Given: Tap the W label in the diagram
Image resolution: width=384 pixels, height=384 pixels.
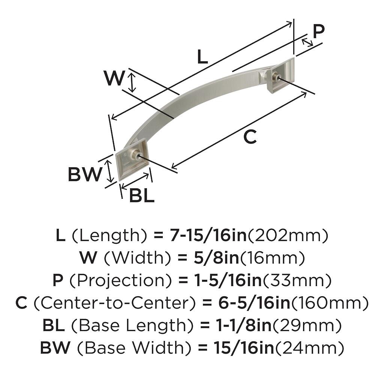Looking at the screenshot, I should pyautogui.click(x=114, y=79).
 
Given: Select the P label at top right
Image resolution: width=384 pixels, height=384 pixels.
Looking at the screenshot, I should pyautogui.click(x=318, y=31).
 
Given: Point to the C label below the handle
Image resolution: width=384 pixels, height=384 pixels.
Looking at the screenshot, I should pyautogui.click(x=250, y=137).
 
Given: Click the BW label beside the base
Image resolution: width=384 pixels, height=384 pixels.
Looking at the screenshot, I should pyautogui.click(x=85, y=174).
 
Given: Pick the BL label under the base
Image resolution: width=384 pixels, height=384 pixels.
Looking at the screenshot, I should pyautogui.click(x=141, y=196).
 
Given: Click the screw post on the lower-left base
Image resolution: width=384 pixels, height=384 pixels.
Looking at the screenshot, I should pyautogui.click(x=135, y=155).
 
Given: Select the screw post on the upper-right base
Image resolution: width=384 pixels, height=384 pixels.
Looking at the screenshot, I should pyautogui.click(x=276, y=78).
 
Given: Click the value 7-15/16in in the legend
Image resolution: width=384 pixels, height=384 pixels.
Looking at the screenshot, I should pyautogui.click(x=208, y=236).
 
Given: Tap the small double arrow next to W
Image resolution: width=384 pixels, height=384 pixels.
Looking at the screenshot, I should pyautogui.click(x=132, y=82).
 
